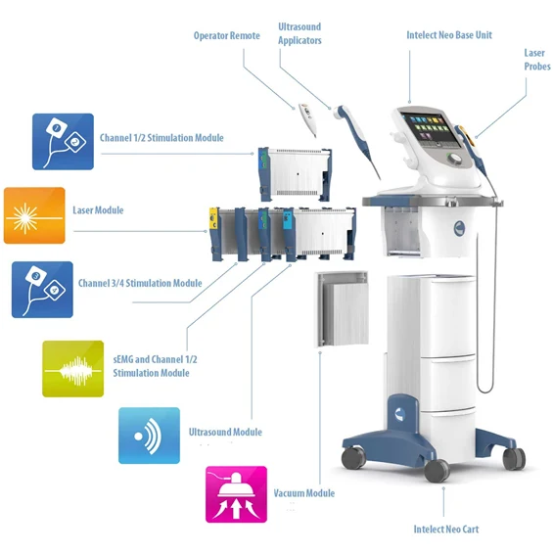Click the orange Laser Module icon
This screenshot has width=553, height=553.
coord(34,215)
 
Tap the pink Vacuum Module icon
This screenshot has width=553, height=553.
coord(236,494)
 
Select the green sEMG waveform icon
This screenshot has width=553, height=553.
coord(73,369)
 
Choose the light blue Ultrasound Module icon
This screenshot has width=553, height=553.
coord(149,436)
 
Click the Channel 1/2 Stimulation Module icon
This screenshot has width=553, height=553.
coord(63,141)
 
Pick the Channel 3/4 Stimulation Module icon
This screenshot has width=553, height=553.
coord(42,290)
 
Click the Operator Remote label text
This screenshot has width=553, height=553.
coord(227,35)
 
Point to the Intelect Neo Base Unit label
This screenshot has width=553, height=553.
coord(449,35)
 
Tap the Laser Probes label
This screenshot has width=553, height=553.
coord(537,60)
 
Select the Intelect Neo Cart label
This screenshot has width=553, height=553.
coord(446,529)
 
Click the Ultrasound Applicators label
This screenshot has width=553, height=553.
coord(300,33)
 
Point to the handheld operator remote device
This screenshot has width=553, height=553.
coord(307,119)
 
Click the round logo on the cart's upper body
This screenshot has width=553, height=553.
coord(459,228)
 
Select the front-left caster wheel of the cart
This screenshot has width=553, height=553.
coord(353,458)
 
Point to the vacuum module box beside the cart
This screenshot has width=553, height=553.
coord(342,309)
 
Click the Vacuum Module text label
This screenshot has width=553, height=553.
coord(304,493)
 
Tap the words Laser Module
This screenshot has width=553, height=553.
coord(98,210)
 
